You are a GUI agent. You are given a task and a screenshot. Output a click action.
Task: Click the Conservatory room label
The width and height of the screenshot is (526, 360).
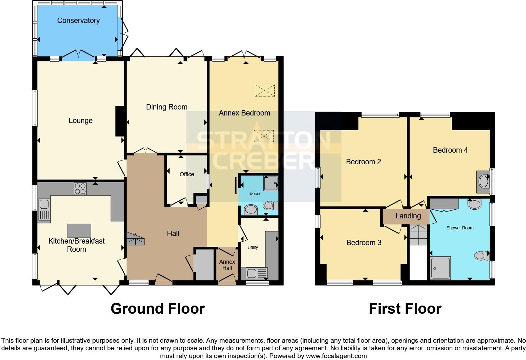(x=78, y=21)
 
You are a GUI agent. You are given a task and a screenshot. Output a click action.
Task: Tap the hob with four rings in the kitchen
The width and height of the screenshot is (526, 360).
(x=80, y=188)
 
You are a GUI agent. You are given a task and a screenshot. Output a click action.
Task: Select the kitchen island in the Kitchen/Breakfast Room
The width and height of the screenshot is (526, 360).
(x=79, y=230)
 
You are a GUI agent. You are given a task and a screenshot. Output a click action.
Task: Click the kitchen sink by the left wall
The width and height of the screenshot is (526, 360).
(x=44, y=210)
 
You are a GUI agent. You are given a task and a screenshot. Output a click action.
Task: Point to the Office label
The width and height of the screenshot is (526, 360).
(x=187, y=174)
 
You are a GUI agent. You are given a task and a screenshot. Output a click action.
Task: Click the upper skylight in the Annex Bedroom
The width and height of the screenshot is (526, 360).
(x=265, y=90)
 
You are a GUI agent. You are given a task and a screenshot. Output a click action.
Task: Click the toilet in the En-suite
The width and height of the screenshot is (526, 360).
(x=270, y=206)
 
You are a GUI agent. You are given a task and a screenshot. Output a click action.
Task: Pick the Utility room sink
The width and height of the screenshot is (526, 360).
(x=257, y=273)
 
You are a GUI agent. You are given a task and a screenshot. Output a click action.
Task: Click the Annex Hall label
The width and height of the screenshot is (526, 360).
(x=227, y=265)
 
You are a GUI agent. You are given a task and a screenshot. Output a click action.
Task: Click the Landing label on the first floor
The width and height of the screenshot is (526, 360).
(x=408, y=216)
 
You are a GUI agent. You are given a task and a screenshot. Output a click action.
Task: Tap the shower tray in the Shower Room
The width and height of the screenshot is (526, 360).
(x=440, y=268)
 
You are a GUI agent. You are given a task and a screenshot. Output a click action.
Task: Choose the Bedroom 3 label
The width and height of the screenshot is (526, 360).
(x=364, y=243)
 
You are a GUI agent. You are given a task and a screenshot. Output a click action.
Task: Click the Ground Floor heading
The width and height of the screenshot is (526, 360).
(x=158, y=309)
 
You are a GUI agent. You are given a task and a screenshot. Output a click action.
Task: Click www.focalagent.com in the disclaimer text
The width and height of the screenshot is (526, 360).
(x=336, y=356)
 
